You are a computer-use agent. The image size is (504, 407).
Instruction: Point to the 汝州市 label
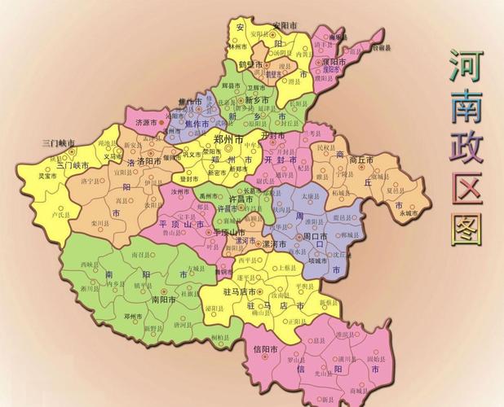(180, 190)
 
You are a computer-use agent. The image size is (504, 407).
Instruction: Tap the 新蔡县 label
(328, 302)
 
